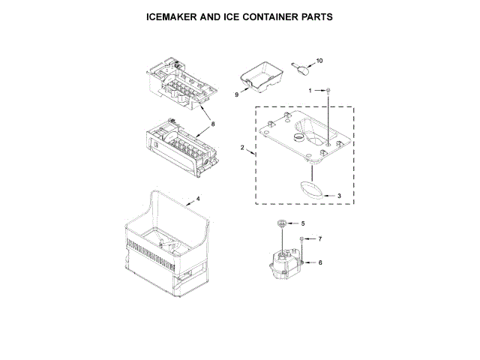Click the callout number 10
click(319, 61)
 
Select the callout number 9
click(236, 95)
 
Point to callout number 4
click(198, 199)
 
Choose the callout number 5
click(303, 223)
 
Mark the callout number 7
click(319, 238)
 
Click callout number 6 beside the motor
click(320, 263)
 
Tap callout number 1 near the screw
click(310, 91)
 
